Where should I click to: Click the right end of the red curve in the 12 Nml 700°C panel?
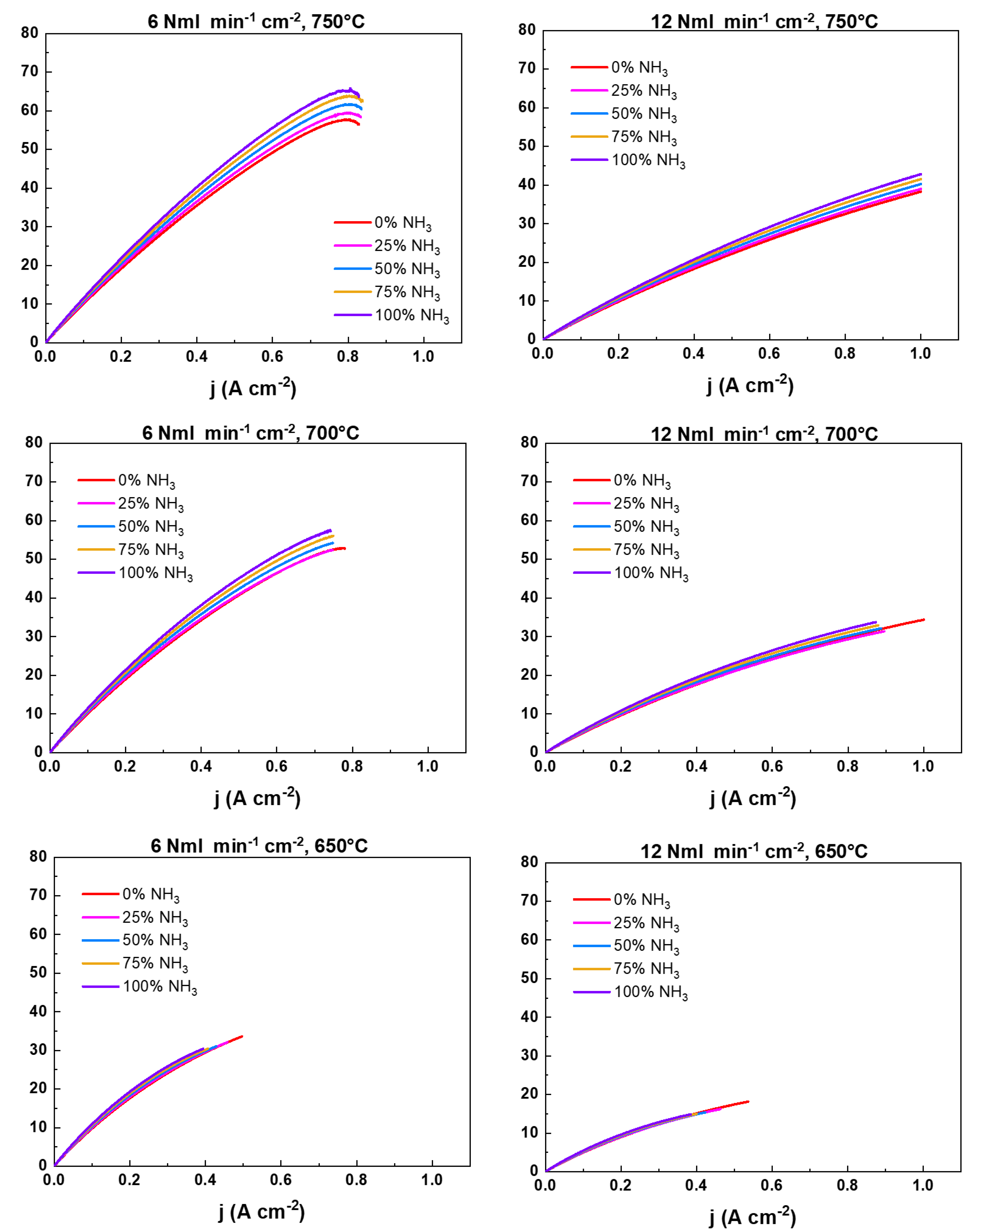tap(923, 619)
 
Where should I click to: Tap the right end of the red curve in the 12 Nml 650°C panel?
tap(748, 1102)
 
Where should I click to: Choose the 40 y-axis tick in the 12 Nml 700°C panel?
tap(530, 598)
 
